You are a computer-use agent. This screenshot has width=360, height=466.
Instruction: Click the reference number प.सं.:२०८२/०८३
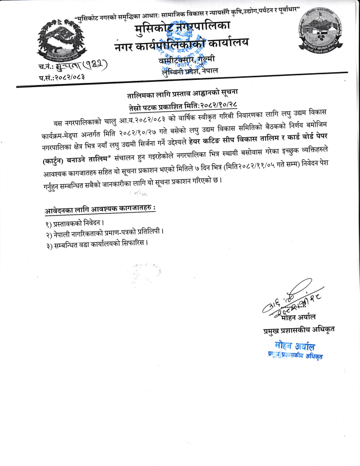(61, 76)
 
